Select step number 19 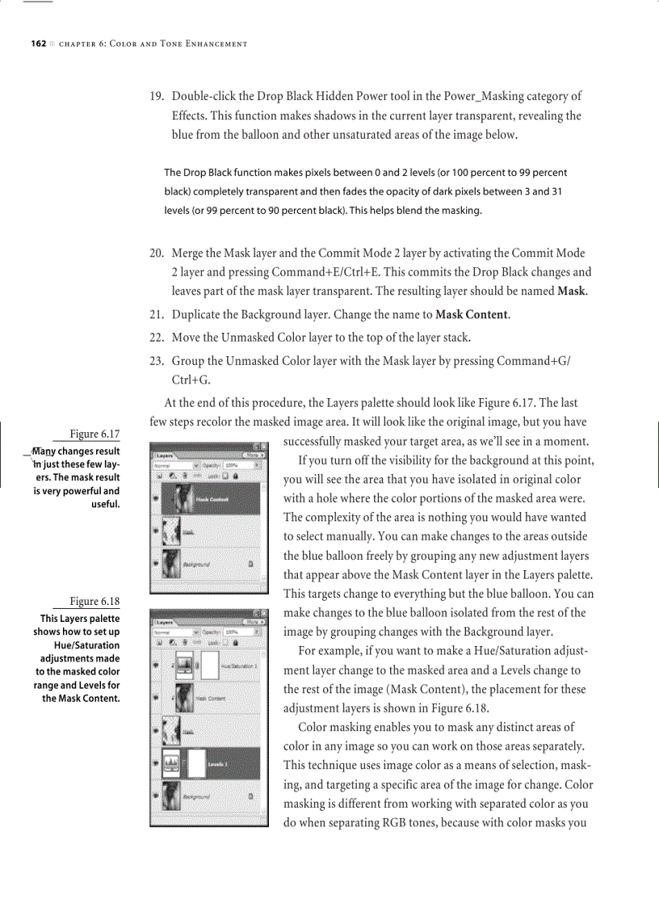click(157, 96)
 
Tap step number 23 click(157, 361)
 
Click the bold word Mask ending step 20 click(572, 292)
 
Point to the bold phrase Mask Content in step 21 click(472, 314)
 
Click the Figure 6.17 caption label click(94, 434)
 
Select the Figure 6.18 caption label click(94, 601)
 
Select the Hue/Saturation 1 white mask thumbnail click(209, 666)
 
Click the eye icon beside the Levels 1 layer click(155, 762)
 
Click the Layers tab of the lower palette click(166, 623)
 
